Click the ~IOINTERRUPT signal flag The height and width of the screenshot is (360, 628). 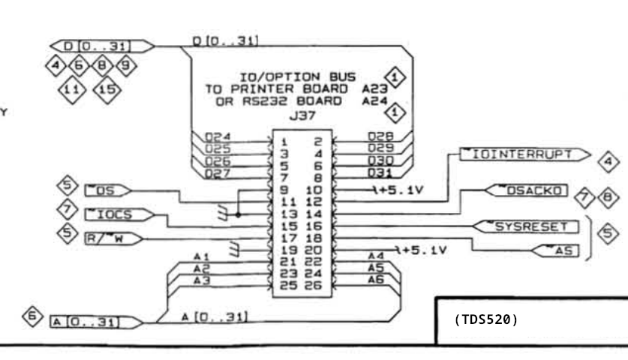pos(524,154)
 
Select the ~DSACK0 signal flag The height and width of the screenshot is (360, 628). pos(527,190)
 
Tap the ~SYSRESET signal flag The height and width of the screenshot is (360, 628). pos(526,226)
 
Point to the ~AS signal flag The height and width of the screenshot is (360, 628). pos(555,250)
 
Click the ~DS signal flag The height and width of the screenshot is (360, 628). pos(108,190)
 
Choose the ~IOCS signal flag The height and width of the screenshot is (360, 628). pos(119,214)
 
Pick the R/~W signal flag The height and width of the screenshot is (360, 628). pos(114,239)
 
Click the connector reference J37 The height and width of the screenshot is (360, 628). pos(302,115)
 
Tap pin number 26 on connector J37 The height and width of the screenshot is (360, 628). pos(314,286)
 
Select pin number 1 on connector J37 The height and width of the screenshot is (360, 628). pos(284,142)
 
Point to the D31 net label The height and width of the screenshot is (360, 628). pos(380,172)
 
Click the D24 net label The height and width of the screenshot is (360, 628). pos(218,137)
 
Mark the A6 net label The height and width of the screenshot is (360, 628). pos(376,280)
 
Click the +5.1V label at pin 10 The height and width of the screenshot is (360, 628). pos(401,190)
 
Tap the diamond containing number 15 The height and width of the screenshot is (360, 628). pos(107,90)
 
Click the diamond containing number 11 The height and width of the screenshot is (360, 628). pos(72,90)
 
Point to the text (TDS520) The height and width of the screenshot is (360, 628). pos(486,319)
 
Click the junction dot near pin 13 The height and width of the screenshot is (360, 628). pos(239,215)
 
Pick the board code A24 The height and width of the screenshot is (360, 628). pos(375,101)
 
